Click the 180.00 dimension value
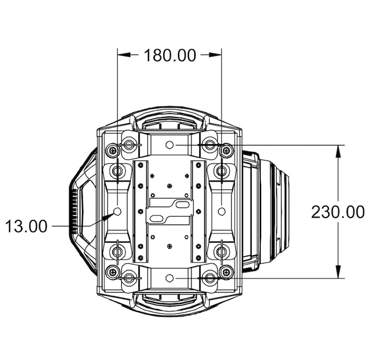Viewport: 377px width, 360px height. click(x=170, y=55)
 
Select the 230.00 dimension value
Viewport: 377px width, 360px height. click(x=338, y=212)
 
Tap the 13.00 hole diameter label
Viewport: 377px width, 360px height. click(x=26, y=227)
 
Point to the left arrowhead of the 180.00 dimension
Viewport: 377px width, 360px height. click(x=125, y=55)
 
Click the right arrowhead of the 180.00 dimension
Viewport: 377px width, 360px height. click(x=215, y=55)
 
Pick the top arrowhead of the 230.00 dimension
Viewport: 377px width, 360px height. click(x=338, y=152)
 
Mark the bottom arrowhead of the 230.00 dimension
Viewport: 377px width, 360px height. click(x=338, y=271)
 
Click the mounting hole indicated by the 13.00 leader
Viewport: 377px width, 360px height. click(x=117, y=212)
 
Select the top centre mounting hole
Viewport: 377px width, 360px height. click(x=170, y=145)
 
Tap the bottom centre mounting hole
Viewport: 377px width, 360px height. click(x=170, y=278)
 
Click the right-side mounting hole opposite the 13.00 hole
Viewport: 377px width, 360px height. click(x=221, y=212)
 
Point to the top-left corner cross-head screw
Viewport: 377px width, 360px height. click(x=113, y=151)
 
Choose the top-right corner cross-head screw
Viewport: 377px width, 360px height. click(x=226, y=151)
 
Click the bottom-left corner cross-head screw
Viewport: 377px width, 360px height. click(x=113, y=272)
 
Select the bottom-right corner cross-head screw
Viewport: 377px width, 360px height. click(x=226, y=272)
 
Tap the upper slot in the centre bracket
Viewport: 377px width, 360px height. click(x=182, y=205)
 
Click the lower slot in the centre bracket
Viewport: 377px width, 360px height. click(x=157, y=218)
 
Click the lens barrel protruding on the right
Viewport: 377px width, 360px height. click(x=274, y=212)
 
